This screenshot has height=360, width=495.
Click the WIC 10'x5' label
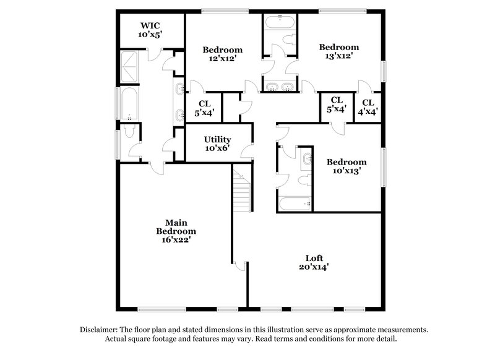(x=150, y=30)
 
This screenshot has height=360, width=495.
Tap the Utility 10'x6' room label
(x=218, y=144)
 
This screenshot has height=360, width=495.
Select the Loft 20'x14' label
(x=314, y=262)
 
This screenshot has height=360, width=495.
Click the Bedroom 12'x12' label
(x=223, y=54)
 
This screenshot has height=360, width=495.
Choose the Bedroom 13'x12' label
(x=338, y=51)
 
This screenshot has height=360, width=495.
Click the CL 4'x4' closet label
(x=368, y=107)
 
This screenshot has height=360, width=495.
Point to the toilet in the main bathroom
(x=129, y=131)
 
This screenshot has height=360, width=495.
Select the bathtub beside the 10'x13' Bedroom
(x=295, y=204)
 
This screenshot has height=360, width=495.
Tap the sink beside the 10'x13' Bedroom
(x=307, y=160)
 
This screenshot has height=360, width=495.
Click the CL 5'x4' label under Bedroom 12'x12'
(x=205, y=108)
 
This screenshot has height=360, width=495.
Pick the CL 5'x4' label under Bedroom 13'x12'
(x=337, y=105)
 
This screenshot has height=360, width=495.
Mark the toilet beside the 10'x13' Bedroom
(x=304, y=180)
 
